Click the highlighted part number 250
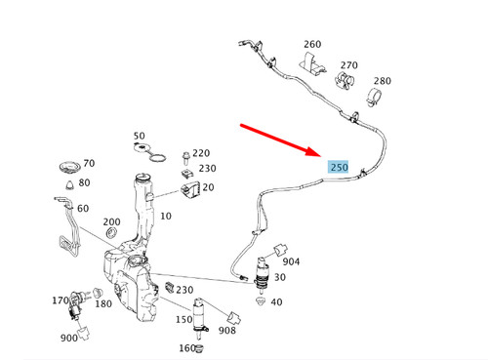click(339, 167)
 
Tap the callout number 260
click(311, 45)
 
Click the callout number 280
click(382, 81)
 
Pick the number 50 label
click(139, 136)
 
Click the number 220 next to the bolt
click(201, 152)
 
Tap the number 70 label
click(89, 164)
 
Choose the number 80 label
click(84, 182)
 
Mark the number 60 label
click(82, 209)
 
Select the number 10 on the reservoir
click(165, 215)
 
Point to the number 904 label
click(292, 261)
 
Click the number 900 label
click(68, 339)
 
